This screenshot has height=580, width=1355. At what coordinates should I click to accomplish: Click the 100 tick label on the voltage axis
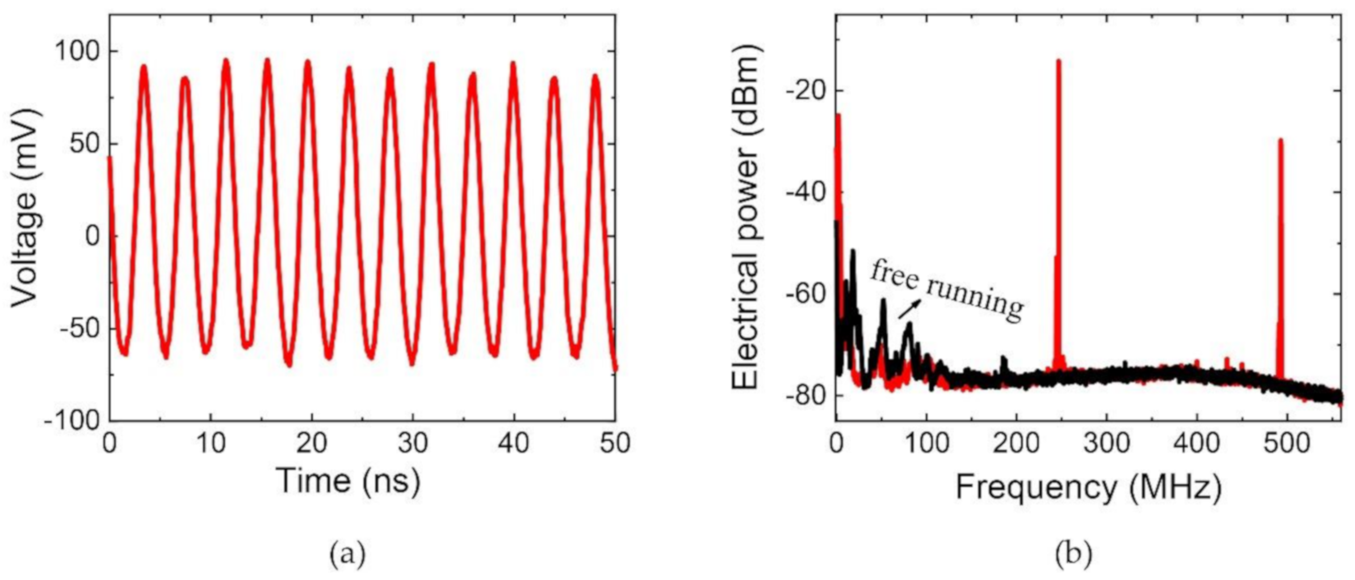click(x=76, y=52)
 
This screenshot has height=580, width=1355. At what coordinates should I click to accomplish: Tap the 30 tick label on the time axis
click(x=413, y=443)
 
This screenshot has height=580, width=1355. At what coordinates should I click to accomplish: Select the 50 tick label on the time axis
click(x=615, y=443)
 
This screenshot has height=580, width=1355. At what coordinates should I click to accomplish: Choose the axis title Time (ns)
click(x=347, y=481)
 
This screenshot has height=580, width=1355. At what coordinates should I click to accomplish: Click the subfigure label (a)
click(x=347, y=553)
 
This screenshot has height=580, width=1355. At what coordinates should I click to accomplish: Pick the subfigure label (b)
click(x=1073, y=553)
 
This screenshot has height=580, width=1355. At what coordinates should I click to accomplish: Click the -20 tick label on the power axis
click(x=806, y=90)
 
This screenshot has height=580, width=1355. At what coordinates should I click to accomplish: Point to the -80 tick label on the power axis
click(x=806, y=396)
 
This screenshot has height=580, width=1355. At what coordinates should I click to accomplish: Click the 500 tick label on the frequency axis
click(x=1287, y=443)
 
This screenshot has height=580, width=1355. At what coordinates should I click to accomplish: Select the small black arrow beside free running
click(x=909, y=309)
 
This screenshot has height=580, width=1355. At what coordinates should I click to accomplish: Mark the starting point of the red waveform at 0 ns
click(x=110, y=158)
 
